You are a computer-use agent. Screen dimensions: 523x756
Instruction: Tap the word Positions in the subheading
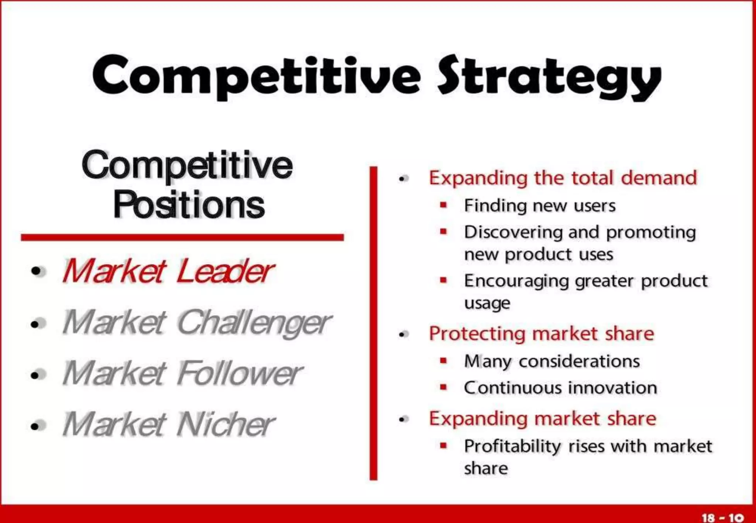tap(189, 205)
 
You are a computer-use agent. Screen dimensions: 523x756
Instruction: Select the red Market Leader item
tap(168, 271)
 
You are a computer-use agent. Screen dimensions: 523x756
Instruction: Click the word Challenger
tap(254, 323)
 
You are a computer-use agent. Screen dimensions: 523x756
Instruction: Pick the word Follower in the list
tap(240, 373)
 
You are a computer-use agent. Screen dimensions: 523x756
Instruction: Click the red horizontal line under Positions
tap(182, 237)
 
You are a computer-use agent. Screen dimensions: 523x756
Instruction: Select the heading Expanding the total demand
tap(563, 178)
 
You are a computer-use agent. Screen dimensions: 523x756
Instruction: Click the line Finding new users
tap(540, 205)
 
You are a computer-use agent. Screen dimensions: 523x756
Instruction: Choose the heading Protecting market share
tap(541, 334)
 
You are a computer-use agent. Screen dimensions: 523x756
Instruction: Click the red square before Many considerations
tap(443, 360)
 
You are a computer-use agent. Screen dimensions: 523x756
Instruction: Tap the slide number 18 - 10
tap(722, 517)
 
